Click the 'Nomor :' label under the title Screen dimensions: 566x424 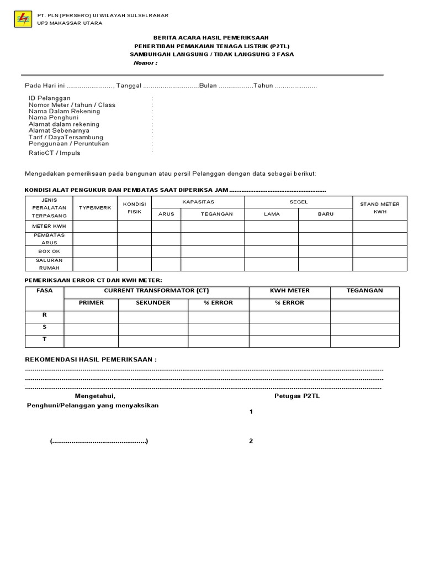(x=145, y=63)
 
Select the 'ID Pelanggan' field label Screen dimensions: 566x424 (x=50, y=98)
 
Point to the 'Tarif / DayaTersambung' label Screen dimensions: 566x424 (x=66, y=137)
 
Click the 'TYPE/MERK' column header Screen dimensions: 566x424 (x=95, y=207)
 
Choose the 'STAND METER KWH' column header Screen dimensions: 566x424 (x=380, y=207)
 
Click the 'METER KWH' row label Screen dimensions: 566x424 (x=49, y=226)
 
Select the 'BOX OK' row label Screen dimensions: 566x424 (x=49, y=251)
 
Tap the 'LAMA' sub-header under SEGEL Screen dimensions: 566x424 (x=272, y=214)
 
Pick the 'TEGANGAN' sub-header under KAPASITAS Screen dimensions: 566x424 (x=213, y=214)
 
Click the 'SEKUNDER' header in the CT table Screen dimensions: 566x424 (x=153, y=303)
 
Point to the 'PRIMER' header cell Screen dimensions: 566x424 (x=91, y=303)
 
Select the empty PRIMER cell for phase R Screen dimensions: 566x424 (x=91, y=316)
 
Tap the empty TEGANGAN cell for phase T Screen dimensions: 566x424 (x=364, y=340)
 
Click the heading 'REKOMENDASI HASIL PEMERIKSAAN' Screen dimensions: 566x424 (x=91, y=359)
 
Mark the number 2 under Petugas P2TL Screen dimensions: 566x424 (x=251, y=441)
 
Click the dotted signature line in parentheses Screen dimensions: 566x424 (x=99, y=441)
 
